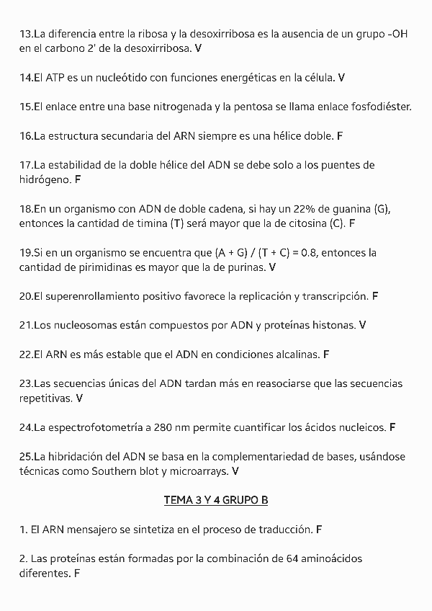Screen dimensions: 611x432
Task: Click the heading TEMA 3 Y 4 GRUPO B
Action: [x=216, y=499]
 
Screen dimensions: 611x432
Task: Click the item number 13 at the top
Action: [x=26, y=34]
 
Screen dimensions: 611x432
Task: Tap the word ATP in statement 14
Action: [x=56, y=77]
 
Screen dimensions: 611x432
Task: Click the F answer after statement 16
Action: [x=340, y=135]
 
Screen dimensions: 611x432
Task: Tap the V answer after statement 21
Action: [x=362, y=326]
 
